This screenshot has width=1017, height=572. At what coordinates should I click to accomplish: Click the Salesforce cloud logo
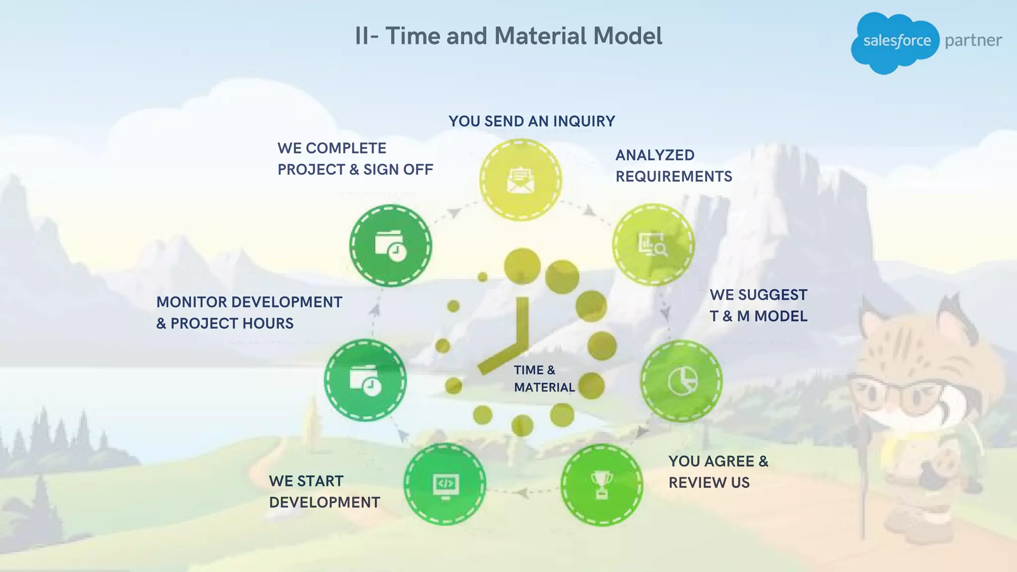click(895, 42)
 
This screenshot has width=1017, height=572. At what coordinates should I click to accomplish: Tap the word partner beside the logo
click(973, 41)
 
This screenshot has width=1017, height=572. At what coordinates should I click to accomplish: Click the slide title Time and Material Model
click(508, 36)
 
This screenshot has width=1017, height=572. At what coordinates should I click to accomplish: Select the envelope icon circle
click(520, 180)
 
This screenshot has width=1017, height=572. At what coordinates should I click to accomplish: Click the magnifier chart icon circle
click(653, 244)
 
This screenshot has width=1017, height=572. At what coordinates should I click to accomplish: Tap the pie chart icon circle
click(681, 381)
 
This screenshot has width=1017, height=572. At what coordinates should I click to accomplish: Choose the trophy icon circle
click(601, 485)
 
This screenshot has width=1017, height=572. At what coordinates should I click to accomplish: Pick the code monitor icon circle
click(445, 484)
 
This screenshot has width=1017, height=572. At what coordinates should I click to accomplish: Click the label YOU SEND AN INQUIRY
click(532, 121)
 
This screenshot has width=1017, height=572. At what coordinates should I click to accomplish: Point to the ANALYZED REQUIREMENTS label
click(673, 166)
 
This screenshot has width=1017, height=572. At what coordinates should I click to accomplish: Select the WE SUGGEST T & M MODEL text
click(758, 305)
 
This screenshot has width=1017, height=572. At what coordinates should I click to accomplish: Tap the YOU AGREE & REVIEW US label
click(718, 472)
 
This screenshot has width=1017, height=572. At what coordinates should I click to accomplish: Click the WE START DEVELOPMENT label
click(324, 492)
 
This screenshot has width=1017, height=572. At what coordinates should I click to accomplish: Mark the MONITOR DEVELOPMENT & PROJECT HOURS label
click(249, 313)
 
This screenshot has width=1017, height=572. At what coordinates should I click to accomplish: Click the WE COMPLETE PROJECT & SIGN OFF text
click(355, 159)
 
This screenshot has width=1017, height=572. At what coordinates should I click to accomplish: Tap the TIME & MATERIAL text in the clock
click(544, 379)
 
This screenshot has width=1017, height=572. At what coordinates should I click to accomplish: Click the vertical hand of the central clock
click(522, 320)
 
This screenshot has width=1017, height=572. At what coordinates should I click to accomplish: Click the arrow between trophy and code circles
click(522, 493)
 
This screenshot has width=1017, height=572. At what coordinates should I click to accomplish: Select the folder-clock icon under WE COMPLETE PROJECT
click(391, 246)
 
